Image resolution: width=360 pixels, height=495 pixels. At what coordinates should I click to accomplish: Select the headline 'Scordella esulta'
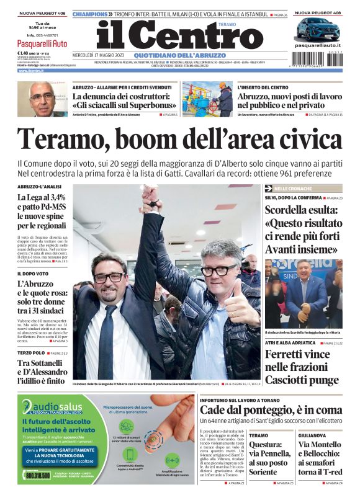pyautogui.click(x=303, y=230)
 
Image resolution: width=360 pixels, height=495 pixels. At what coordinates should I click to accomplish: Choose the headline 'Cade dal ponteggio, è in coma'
pyautogui.click(x=271, y=410)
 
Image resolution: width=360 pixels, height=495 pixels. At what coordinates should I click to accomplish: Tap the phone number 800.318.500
pyautogui.click(x=38, y=475)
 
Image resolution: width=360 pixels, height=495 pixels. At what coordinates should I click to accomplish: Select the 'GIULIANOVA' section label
pyautogui.click(x=311, y=435)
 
